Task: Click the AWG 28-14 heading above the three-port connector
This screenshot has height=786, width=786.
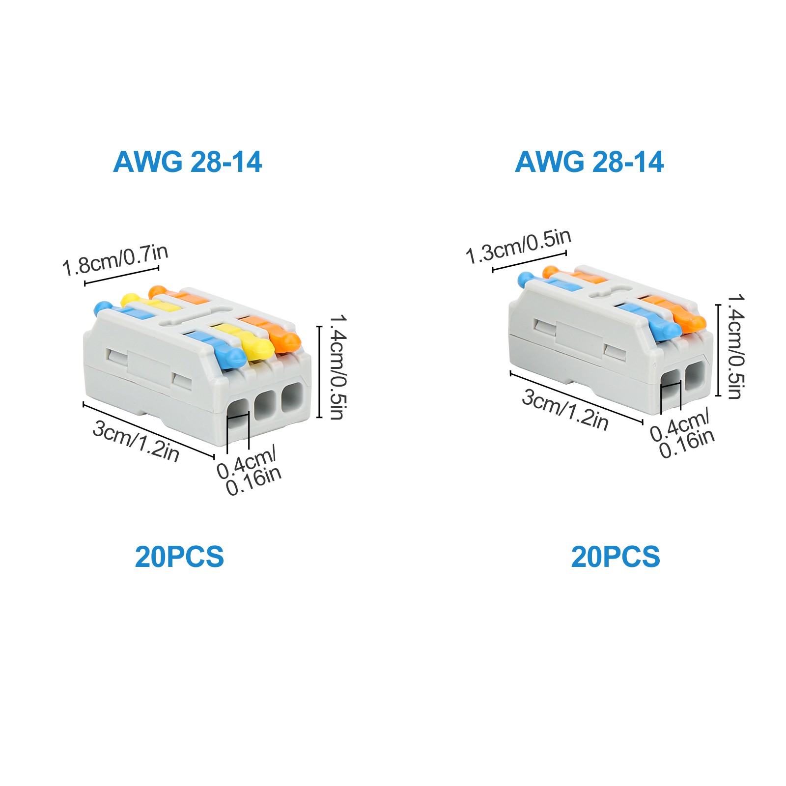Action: pos(187,162)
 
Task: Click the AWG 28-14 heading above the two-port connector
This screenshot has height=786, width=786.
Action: pos(589,162)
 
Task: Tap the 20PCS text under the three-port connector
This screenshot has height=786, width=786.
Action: pos(179,557)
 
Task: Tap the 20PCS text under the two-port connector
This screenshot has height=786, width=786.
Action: pos(616,557)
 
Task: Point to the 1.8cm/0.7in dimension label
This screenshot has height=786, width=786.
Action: pos(115,259)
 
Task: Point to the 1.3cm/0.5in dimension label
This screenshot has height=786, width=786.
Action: pos(518,246)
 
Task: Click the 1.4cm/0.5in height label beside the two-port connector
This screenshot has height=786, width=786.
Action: pos(735,346)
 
